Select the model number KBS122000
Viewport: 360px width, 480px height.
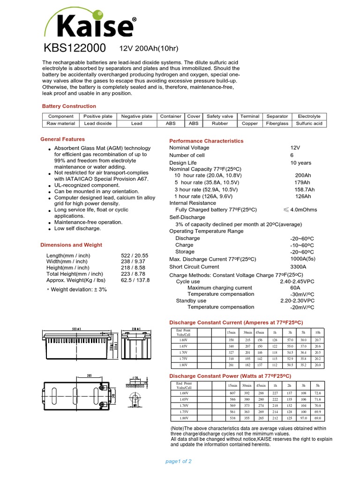click(x=75, y=49)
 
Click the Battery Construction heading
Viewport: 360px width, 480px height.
click(x=69, y=106)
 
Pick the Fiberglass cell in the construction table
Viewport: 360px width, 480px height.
click(x=277, y=124)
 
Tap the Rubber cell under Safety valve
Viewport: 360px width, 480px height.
click(x=220, y=124)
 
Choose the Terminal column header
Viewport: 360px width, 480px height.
click(x=250, y=116)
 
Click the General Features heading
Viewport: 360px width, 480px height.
click(x=63, y=139)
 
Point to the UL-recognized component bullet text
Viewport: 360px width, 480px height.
click(x=84, y=186)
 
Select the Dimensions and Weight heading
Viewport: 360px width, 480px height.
click(x=71, y=245)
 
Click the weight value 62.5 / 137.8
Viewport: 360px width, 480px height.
click(x=135, y=280)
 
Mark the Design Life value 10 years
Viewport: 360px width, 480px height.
click(x=300, y=163)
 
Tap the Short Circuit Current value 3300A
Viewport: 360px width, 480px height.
click(x=300, y=267)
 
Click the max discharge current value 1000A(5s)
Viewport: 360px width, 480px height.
click(x=302, y=259)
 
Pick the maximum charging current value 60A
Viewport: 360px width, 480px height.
click(x=295, y=288)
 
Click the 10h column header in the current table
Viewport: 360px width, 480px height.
click(x=318, y=332)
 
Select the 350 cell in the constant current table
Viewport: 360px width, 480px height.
click(x=230, y=339)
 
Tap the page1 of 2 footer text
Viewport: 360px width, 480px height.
click(x=179, y=461)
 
